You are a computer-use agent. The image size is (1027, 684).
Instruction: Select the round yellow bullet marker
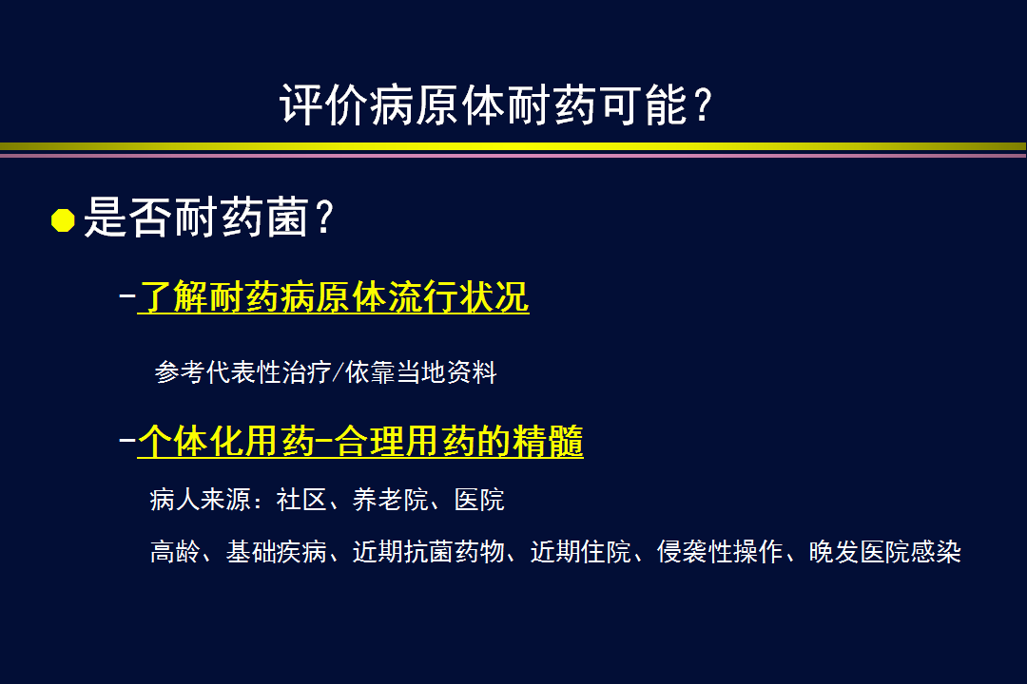click(63, 220)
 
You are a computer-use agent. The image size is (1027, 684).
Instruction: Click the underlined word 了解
click(172, 297)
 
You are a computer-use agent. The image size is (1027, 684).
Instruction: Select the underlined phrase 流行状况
click(457, 297)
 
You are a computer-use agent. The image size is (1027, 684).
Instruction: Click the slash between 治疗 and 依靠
click(338, 371)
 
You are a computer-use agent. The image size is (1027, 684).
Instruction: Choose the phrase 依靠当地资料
click(420, 371)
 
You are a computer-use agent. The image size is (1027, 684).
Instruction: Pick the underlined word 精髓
click(548, 441)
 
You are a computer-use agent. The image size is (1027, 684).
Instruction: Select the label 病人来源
click(201, 500)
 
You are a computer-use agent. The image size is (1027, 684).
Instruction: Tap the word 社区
click(301, 500)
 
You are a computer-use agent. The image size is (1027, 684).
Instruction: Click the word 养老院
click(391, 500)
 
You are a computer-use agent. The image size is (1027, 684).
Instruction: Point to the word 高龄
click(175, 552)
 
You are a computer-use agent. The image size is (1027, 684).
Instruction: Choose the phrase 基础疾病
click(277, 552)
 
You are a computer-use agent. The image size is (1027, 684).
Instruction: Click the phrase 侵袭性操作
click(720, 552)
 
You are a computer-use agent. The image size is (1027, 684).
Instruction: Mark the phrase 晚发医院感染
click(885, 552)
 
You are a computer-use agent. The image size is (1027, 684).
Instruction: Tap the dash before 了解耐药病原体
click(127, 295)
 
